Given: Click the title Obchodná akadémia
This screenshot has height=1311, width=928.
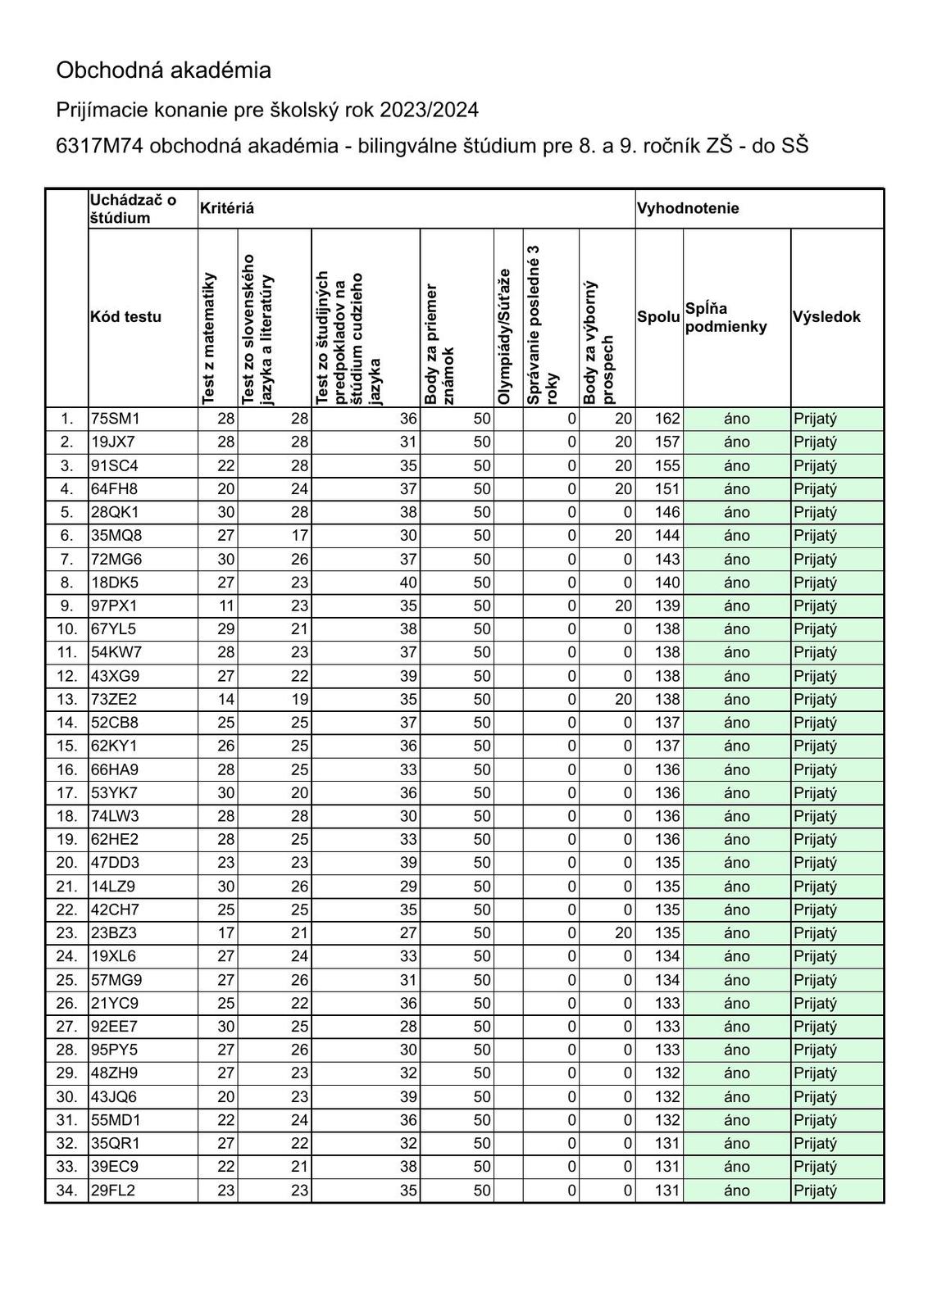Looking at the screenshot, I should tap(163, 70).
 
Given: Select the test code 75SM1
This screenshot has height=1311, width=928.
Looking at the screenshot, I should tap(116, 419).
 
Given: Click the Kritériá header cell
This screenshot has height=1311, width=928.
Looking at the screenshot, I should tap(226, 208).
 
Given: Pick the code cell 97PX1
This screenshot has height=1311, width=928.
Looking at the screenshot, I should tap(114, 606).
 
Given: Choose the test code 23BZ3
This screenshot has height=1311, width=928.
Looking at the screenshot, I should tap(114, 932).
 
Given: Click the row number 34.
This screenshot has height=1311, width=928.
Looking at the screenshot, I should tap(66, 1190).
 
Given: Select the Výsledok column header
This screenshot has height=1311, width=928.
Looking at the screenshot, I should tap(826, 317).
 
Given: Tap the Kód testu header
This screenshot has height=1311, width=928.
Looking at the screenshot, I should tap(126, 317).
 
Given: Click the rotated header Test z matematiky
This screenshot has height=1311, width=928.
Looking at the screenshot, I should tap(209, 338).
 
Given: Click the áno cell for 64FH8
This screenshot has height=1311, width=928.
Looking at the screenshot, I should tap(736, 488).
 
